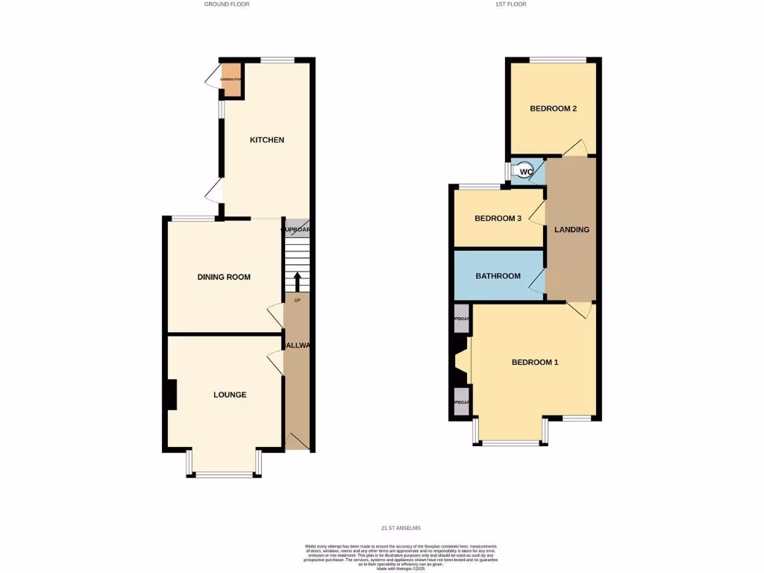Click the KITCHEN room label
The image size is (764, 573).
266,140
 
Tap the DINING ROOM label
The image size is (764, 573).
224,277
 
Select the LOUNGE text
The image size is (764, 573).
230,395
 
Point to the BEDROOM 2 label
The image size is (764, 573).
553,108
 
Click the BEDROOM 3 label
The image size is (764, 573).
498,219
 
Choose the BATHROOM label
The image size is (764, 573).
498,276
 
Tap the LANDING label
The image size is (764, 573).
572,230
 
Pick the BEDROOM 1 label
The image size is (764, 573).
534,363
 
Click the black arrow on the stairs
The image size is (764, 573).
297,282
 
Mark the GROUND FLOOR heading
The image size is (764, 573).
227,4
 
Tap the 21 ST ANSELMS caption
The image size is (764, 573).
401,528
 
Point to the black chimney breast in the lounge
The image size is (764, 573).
172,395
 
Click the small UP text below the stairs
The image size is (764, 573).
297,301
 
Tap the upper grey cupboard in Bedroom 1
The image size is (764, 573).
462,319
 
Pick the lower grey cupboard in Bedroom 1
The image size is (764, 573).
462,402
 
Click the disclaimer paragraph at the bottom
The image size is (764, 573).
401,555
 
